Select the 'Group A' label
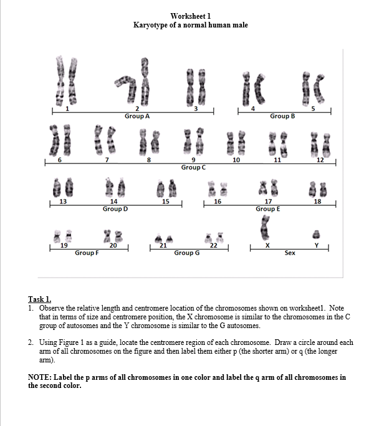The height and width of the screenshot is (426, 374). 137,116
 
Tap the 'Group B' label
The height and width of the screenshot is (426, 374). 282,116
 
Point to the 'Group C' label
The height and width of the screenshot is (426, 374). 193,167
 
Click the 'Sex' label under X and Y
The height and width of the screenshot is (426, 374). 290,253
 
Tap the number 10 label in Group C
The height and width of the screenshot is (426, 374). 236,161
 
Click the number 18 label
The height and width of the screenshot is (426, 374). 318,201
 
